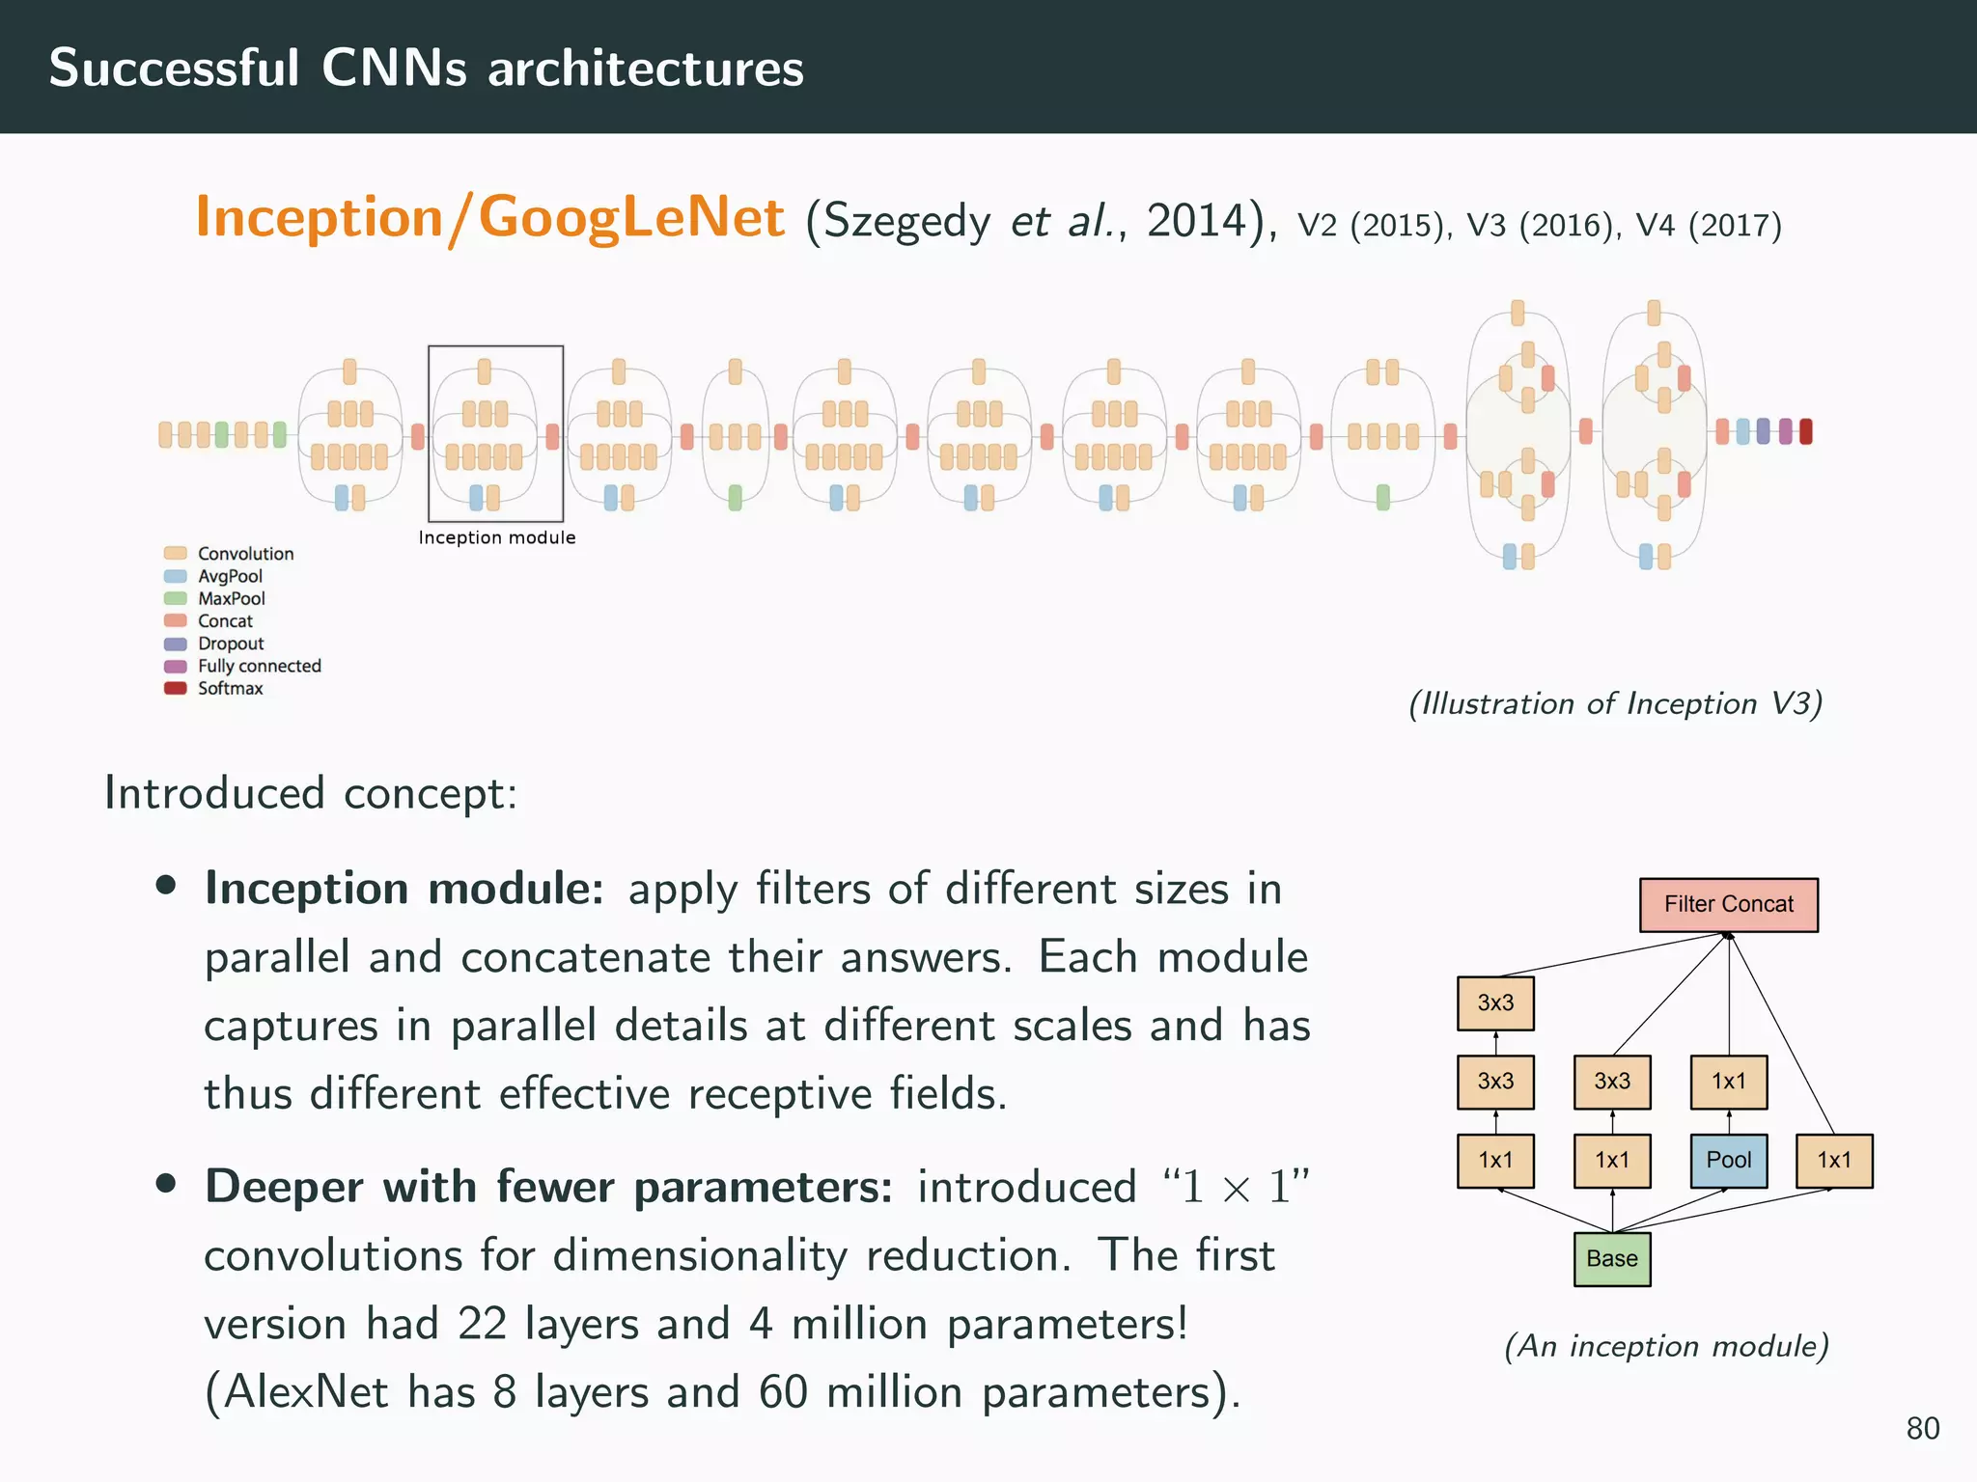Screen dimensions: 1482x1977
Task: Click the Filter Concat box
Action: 1728,904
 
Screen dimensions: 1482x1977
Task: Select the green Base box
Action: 1611,1258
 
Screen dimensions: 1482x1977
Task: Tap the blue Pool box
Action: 1728,1160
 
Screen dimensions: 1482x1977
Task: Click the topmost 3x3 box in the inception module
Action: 1494,1002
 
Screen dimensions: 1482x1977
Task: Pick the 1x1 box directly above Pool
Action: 1728,1082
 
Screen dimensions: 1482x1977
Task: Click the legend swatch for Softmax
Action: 175,688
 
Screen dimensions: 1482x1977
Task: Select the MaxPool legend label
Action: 231,598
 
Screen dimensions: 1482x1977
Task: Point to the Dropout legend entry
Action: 230,644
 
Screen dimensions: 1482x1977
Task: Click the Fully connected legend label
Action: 259,666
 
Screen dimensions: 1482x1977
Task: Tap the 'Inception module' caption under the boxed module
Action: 496,537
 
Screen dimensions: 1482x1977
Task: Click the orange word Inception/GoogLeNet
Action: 489,217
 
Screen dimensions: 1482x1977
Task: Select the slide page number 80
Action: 1922,1428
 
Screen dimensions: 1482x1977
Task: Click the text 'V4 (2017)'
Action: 1708,226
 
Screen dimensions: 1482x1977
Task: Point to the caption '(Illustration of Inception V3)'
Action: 1615,703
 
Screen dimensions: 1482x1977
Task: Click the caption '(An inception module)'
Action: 1666,1345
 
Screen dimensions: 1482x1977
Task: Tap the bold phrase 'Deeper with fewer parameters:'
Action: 548,1187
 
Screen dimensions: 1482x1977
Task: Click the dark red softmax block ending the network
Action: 1805,431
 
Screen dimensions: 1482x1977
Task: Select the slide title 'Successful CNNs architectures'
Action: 426,68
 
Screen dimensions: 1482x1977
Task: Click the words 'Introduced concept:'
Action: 311,793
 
